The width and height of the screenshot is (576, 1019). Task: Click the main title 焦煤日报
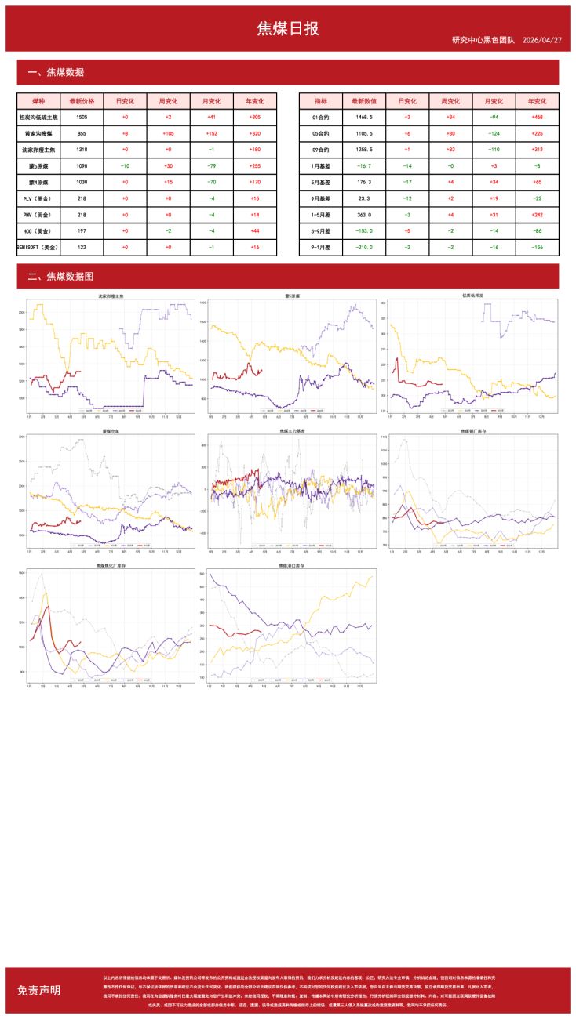pyautogui.click(x=288, y=29)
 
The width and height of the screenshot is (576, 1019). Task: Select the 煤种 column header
pyautogui.click(x=38, y=101)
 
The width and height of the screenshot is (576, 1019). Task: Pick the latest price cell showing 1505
pyautogui.click(x=82, y=117)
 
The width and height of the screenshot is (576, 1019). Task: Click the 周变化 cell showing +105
pyautogui.click(x=168, y=133)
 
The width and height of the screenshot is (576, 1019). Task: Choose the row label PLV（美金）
pyautogui.click(x=38, y=199)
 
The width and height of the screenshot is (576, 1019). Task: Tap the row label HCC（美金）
pyautogui.click(x=38, y=231)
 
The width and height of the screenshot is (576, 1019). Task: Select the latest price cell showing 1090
pyautogui.click(x=82, y=166)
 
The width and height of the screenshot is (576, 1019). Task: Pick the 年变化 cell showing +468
pyautogui.click(x=537, y=117)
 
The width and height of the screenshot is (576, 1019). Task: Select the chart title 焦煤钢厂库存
pyautogui.click(x=472, y=430)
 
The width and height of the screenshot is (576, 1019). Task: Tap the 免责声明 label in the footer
pyautogui.click(x=38, y=990)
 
